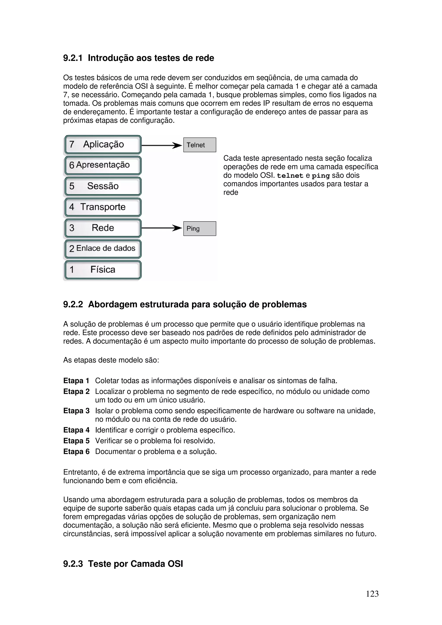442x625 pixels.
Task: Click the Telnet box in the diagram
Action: [x=199, y=145]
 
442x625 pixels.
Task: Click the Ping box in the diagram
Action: [x=199, y=228]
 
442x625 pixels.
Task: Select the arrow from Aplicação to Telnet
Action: [x=162, y=145]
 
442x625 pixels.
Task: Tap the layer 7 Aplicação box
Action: [x=103, y=144]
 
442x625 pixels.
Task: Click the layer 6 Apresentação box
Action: [x=103, y=165]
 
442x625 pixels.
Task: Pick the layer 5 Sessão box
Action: [x=103, y=186]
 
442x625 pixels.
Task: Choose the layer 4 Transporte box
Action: [x=103, y=207]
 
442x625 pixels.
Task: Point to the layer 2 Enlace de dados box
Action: [x=103, y=248]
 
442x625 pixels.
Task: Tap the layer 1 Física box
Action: [x=103, y=270]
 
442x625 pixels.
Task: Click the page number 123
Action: [x=372, y=594]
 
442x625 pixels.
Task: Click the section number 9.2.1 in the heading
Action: [x=73, y=58]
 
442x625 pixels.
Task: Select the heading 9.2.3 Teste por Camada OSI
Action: [x=123, y=564]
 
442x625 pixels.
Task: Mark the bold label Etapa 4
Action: [x=76, y=430]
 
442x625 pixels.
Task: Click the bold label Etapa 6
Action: [x=76, y=451]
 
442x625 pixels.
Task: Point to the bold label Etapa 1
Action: [x=76, y=381]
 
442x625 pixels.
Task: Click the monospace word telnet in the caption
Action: [x=290, y=176]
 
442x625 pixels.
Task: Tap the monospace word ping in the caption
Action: [x=320, y=176]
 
